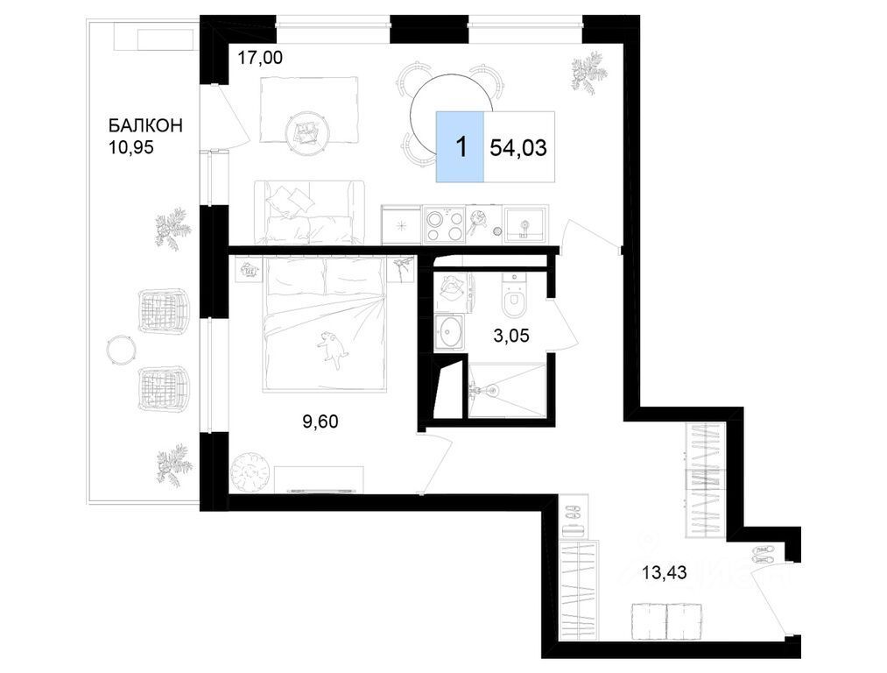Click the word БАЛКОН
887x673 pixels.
145,124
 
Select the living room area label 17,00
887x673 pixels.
259,57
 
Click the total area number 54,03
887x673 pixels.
518,148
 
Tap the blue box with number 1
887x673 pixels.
460,147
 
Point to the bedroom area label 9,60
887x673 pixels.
320,422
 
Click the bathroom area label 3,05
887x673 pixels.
511,336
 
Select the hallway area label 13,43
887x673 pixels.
664,573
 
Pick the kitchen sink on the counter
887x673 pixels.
525,224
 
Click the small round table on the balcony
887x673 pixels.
122,350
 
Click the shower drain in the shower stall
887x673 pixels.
491,390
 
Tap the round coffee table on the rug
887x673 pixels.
307,131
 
